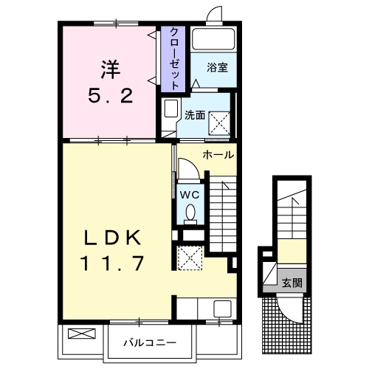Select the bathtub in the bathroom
point(213,40)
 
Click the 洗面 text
point(195,115)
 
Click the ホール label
point(218,155)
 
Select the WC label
point(190,195)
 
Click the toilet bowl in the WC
point(190,213)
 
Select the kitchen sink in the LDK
point(221,309)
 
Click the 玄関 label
point(291,283)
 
